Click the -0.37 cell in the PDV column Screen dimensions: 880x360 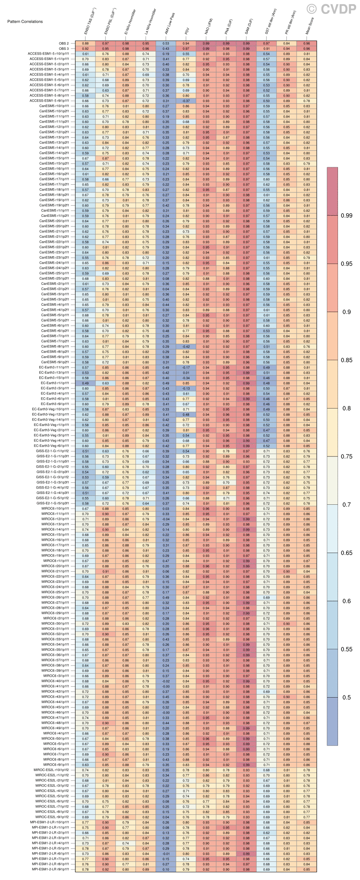[186, 101]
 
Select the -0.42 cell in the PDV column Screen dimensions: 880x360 [186, 347]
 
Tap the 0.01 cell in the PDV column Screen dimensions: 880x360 [186, 373]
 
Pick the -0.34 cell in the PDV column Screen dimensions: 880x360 [186, 378]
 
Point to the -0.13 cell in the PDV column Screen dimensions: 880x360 [186, 388]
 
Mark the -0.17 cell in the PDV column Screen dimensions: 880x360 [186, 368]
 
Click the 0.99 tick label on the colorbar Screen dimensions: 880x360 [346, 216]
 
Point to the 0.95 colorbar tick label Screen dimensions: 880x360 [346, 264]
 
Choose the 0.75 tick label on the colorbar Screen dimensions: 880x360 [346, 456]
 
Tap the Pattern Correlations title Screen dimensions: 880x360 [25, 22]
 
